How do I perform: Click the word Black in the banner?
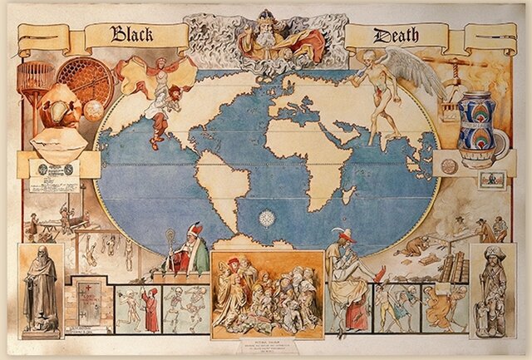[138, 34]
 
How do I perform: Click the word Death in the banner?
[396, 35]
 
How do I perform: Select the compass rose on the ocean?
[267, 219]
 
